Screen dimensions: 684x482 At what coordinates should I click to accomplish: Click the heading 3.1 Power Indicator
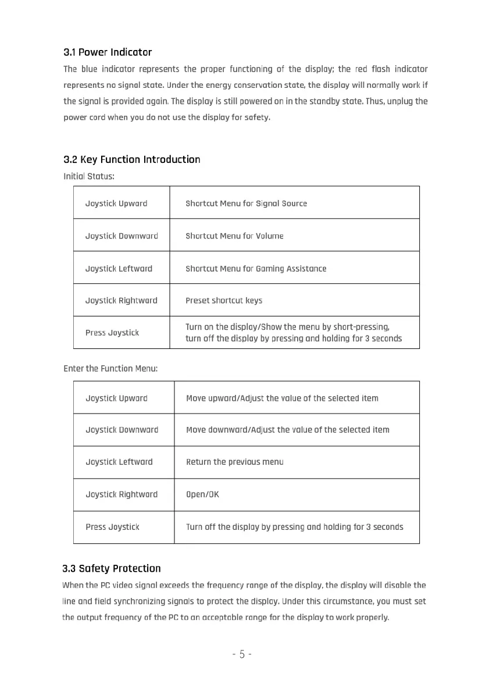(x=108, y=52)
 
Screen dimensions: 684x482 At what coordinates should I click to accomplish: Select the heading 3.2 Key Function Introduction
(x=131, y=159)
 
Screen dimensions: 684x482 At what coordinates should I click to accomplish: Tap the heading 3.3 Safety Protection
(x=112, y=568)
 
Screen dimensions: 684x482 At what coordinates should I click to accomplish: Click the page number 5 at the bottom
(x=241, y=654)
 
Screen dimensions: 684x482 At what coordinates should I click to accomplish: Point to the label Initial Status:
(x=88, y=176)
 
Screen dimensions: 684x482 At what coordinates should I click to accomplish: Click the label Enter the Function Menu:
(x=110, y=368)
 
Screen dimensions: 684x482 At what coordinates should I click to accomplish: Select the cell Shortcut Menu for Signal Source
(x=246, y=204)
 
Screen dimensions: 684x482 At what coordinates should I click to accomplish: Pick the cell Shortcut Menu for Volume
(x=234, y=236)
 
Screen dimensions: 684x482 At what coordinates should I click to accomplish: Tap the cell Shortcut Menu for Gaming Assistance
(x=256, y=269)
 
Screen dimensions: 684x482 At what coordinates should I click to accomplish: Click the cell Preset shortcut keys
(x=224, y=301)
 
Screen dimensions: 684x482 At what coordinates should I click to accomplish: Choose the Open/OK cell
(x=202, y=494)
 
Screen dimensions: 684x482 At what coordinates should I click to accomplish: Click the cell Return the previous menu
(x=235, y=462)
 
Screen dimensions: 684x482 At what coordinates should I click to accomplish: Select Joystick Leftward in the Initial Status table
(x=119, y=269)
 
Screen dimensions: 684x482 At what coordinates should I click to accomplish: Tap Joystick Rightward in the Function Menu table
(x=122, y=494)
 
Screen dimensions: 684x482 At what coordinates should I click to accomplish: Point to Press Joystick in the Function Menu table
(x=112, y=527)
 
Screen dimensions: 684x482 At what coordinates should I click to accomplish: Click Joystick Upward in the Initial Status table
(x=116, y=204)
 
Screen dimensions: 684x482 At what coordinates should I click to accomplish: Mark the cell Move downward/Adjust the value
(x=288, y=430)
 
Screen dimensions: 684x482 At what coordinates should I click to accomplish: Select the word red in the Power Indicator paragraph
(x=361, y=69)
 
